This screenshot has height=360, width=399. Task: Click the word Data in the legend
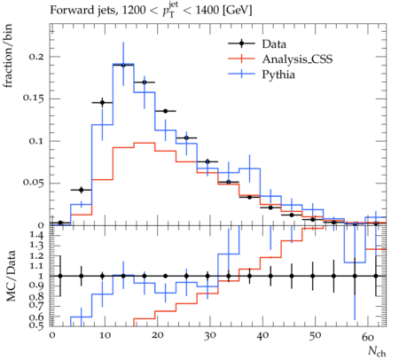point(274,44)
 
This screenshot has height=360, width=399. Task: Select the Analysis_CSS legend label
point(297,59)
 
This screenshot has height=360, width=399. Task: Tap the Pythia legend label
point(278,74)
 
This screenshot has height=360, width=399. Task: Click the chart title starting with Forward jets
point(151,11)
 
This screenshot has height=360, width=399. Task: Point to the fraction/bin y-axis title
point(8,56)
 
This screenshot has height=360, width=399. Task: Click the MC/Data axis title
point(11,276)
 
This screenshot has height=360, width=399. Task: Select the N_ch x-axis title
point(377,351)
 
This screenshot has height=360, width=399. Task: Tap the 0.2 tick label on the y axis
point(36,57)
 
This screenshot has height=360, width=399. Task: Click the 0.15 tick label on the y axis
point(34,98)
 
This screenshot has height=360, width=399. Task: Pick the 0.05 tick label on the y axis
point(34,183)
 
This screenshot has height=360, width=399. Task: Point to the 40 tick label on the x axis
point(262,335)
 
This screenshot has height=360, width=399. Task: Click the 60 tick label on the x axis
point(368,336)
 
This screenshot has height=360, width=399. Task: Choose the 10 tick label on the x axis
point(105,335)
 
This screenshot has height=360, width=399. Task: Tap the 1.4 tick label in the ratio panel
point(37,235)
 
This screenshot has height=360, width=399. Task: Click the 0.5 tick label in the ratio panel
point(37,325)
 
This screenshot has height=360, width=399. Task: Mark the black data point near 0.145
point(102,103)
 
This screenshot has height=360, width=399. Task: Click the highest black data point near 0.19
point(123,66)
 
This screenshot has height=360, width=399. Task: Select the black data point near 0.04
point(82,190)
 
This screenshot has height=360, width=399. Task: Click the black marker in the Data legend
point(241,43)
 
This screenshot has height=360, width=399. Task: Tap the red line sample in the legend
point(241,59)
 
